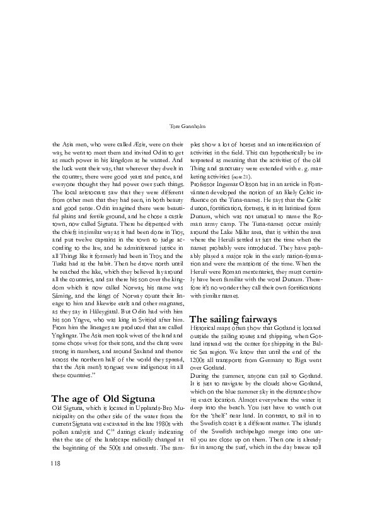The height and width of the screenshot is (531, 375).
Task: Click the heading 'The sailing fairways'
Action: (x=233, y=319)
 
